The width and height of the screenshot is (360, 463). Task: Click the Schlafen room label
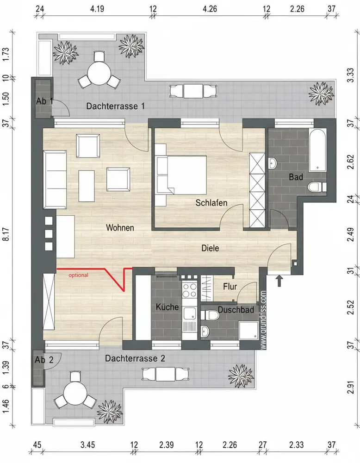(211, 203)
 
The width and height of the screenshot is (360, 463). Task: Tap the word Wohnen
(120, 228)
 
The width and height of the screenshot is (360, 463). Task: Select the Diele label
(210, 248)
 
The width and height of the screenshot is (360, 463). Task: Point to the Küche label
(168, 307)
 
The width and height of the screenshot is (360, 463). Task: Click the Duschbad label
(236, 310)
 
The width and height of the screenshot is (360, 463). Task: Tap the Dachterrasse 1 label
(115, 106)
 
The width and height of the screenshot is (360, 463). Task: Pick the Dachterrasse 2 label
(135, 358)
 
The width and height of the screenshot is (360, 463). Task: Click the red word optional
(79, 275)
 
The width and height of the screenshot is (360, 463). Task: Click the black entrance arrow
(279, 281)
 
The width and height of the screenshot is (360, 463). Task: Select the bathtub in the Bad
(317, 151)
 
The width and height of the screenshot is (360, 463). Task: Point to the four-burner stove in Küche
(189, 290)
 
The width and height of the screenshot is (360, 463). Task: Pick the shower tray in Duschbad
(248, 330)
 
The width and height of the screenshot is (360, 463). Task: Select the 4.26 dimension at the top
(210, 9)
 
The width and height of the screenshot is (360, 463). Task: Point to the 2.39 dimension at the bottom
(167, 444)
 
